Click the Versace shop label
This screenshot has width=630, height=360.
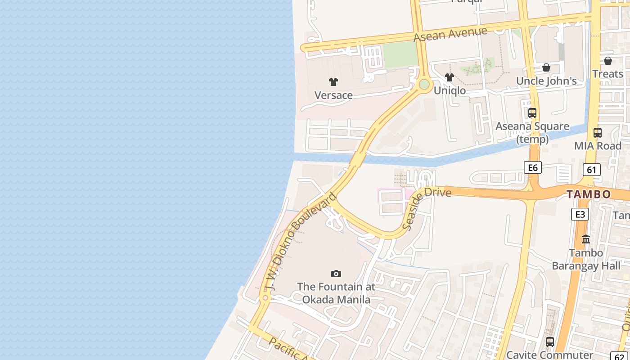[x=333, y=95]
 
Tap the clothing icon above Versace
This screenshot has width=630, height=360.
[x=333, y=82]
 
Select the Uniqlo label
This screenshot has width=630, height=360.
[x=450, y=90]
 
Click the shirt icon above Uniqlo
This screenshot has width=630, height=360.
[x=449, y=77]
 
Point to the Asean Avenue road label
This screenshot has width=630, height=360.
[x=450, y=35]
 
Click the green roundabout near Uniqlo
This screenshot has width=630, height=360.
[x=424, y=84]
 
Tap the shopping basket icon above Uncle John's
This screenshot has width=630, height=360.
[x=546, y=67]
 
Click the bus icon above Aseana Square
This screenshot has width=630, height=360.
[x=532, y=113]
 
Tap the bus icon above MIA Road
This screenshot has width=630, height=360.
[x=598, y=133]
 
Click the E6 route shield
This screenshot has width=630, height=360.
[x=532, y=168]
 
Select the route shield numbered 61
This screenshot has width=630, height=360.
[x=591, y=170]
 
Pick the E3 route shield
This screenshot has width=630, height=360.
[x=580, y=214]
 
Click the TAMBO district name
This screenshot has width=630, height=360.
[x=589, y=194]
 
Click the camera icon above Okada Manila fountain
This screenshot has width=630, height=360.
[x=336, y=274]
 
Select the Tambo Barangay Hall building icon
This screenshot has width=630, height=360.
[x=586, y=239]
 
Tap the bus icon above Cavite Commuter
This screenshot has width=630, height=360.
[x=549, y=342]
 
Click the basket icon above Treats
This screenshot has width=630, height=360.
[x=608, y=61]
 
